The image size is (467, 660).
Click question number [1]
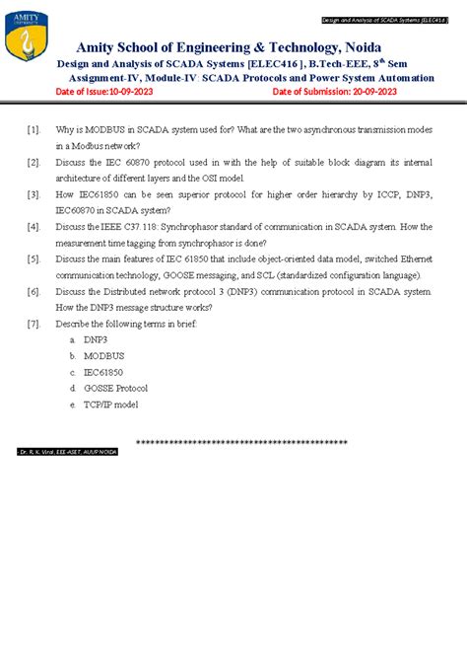pos(33,129)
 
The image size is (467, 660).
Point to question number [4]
pos(33,226)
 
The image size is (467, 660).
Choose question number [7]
pos(33,323)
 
